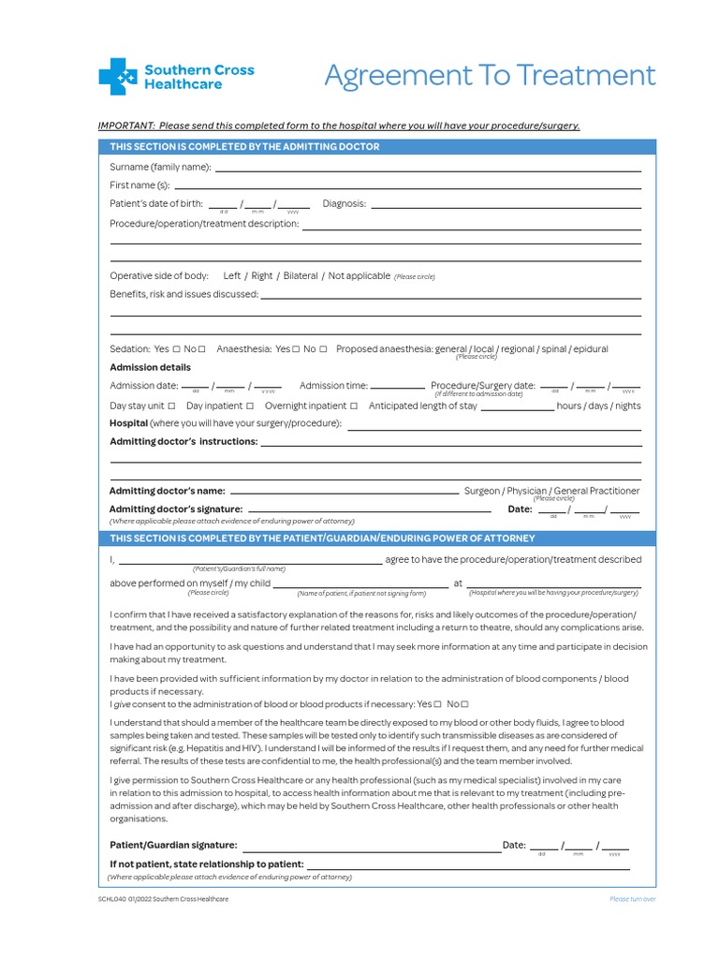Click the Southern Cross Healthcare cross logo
point(117,76)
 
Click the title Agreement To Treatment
point(490,75)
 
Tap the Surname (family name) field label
point(160,167)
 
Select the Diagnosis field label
point(344,203)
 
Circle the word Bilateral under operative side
point(301,276)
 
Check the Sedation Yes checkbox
point(176,349)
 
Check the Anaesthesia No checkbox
point(323,349)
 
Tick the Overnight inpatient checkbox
point(354,406)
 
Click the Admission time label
point(333,385)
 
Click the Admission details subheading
point(150,367)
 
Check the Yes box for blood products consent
point(438,704)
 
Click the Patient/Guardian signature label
point(173,845)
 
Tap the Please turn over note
point(632,899)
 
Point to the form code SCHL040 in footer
point(111,899)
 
